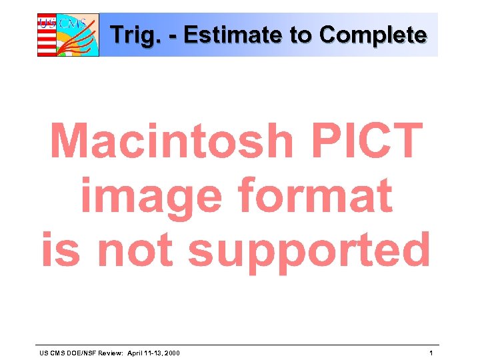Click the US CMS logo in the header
67,35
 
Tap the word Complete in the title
373,35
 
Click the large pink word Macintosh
172,141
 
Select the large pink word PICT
365,141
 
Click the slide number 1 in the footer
431,353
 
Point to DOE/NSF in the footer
79,353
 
